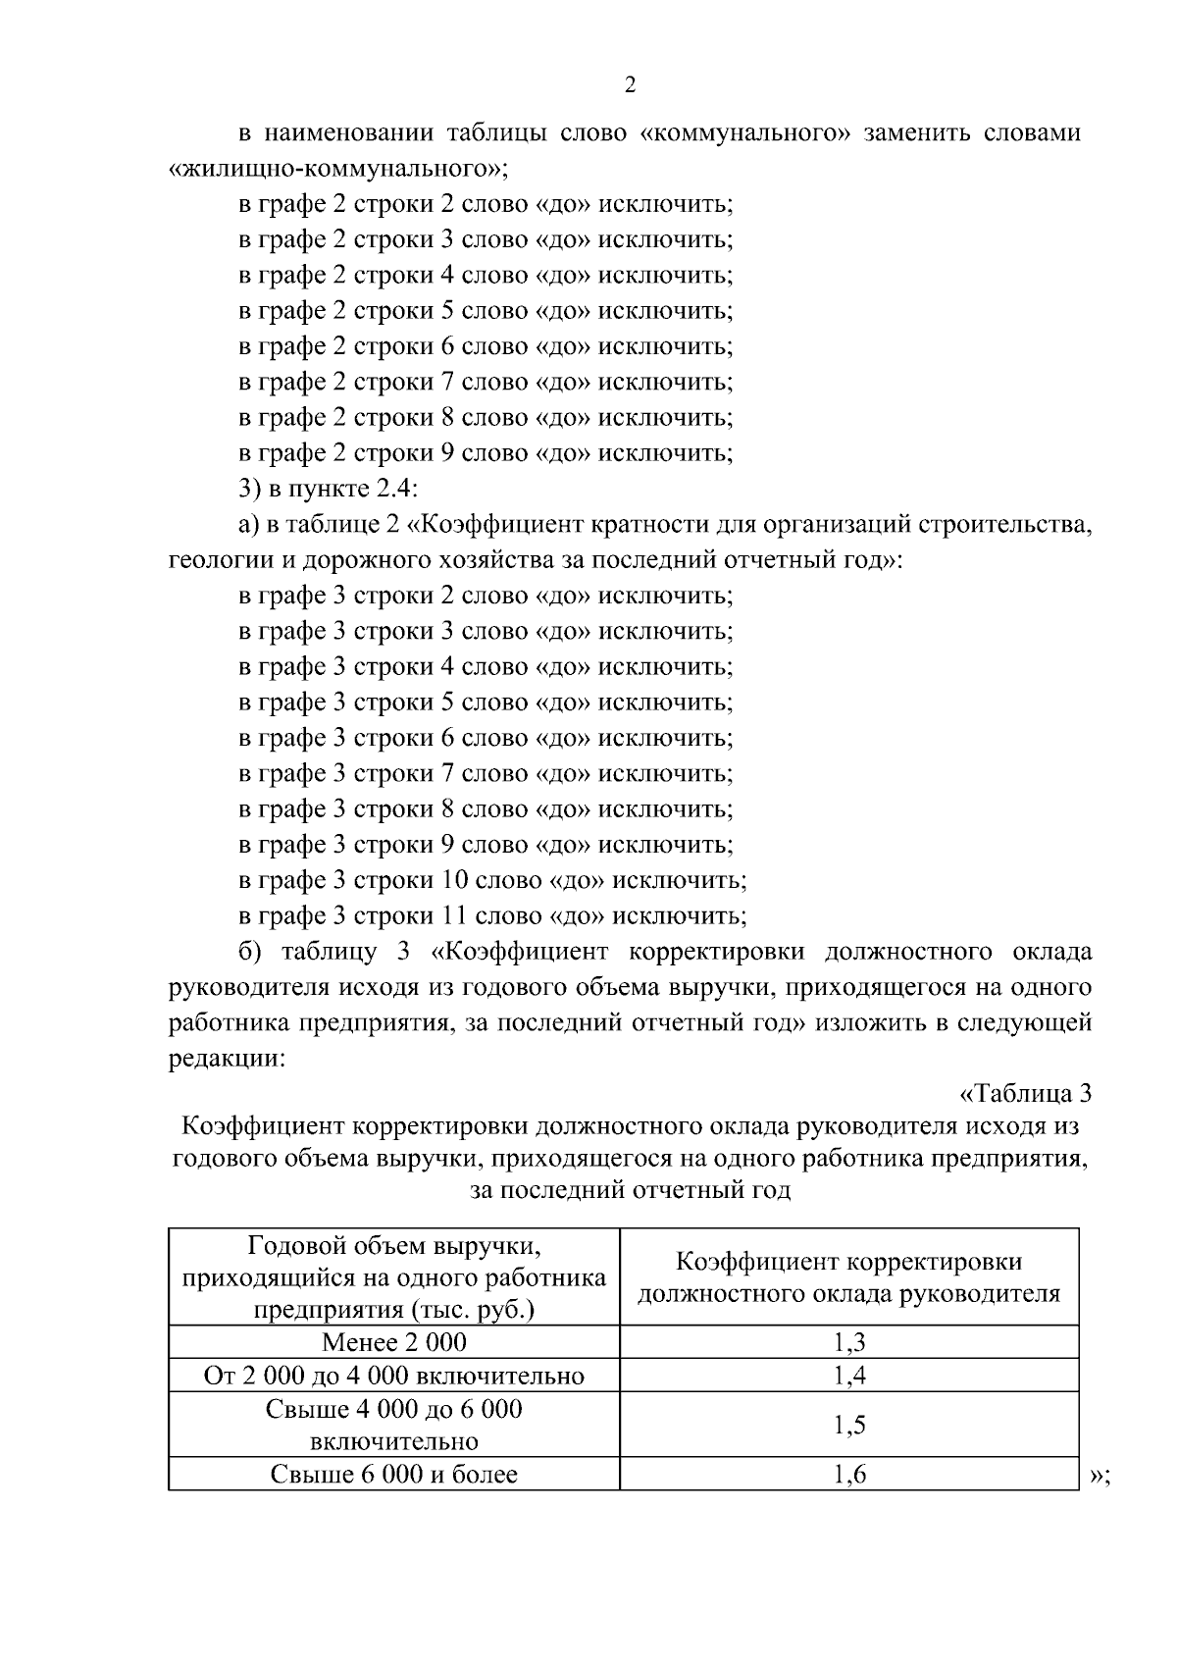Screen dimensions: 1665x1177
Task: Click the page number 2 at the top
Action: tap(630, 85)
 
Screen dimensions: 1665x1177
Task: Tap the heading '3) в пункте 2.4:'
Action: tap(329, 489)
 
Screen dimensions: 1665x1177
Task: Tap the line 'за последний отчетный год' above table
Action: tap(630, 1191)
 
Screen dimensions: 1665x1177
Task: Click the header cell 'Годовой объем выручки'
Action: tap(393, 1277)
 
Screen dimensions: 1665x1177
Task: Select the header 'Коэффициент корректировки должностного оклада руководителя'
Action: tap(849, 1277)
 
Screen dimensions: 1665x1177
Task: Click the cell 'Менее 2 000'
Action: tap(393, 1342)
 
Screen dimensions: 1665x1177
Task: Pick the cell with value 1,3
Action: tap(849, 1342)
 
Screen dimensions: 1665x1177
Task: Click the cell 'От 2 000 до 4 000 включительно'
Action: tap(393, 1376)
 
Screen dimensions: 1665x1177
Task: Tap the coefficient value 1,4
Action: tap(849, 1376)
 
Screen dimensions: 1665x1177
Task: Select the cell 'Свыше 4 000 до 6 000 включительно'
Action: tap(393, 1425)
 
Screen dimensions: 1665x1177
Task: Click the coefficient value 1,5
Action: tap(849, 1425)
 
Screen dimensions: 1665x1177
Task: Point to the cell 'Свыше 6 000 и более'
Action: tap(393, 1474)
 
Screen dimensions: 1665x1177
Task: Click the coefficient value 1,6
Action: tap(849, 1474)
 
